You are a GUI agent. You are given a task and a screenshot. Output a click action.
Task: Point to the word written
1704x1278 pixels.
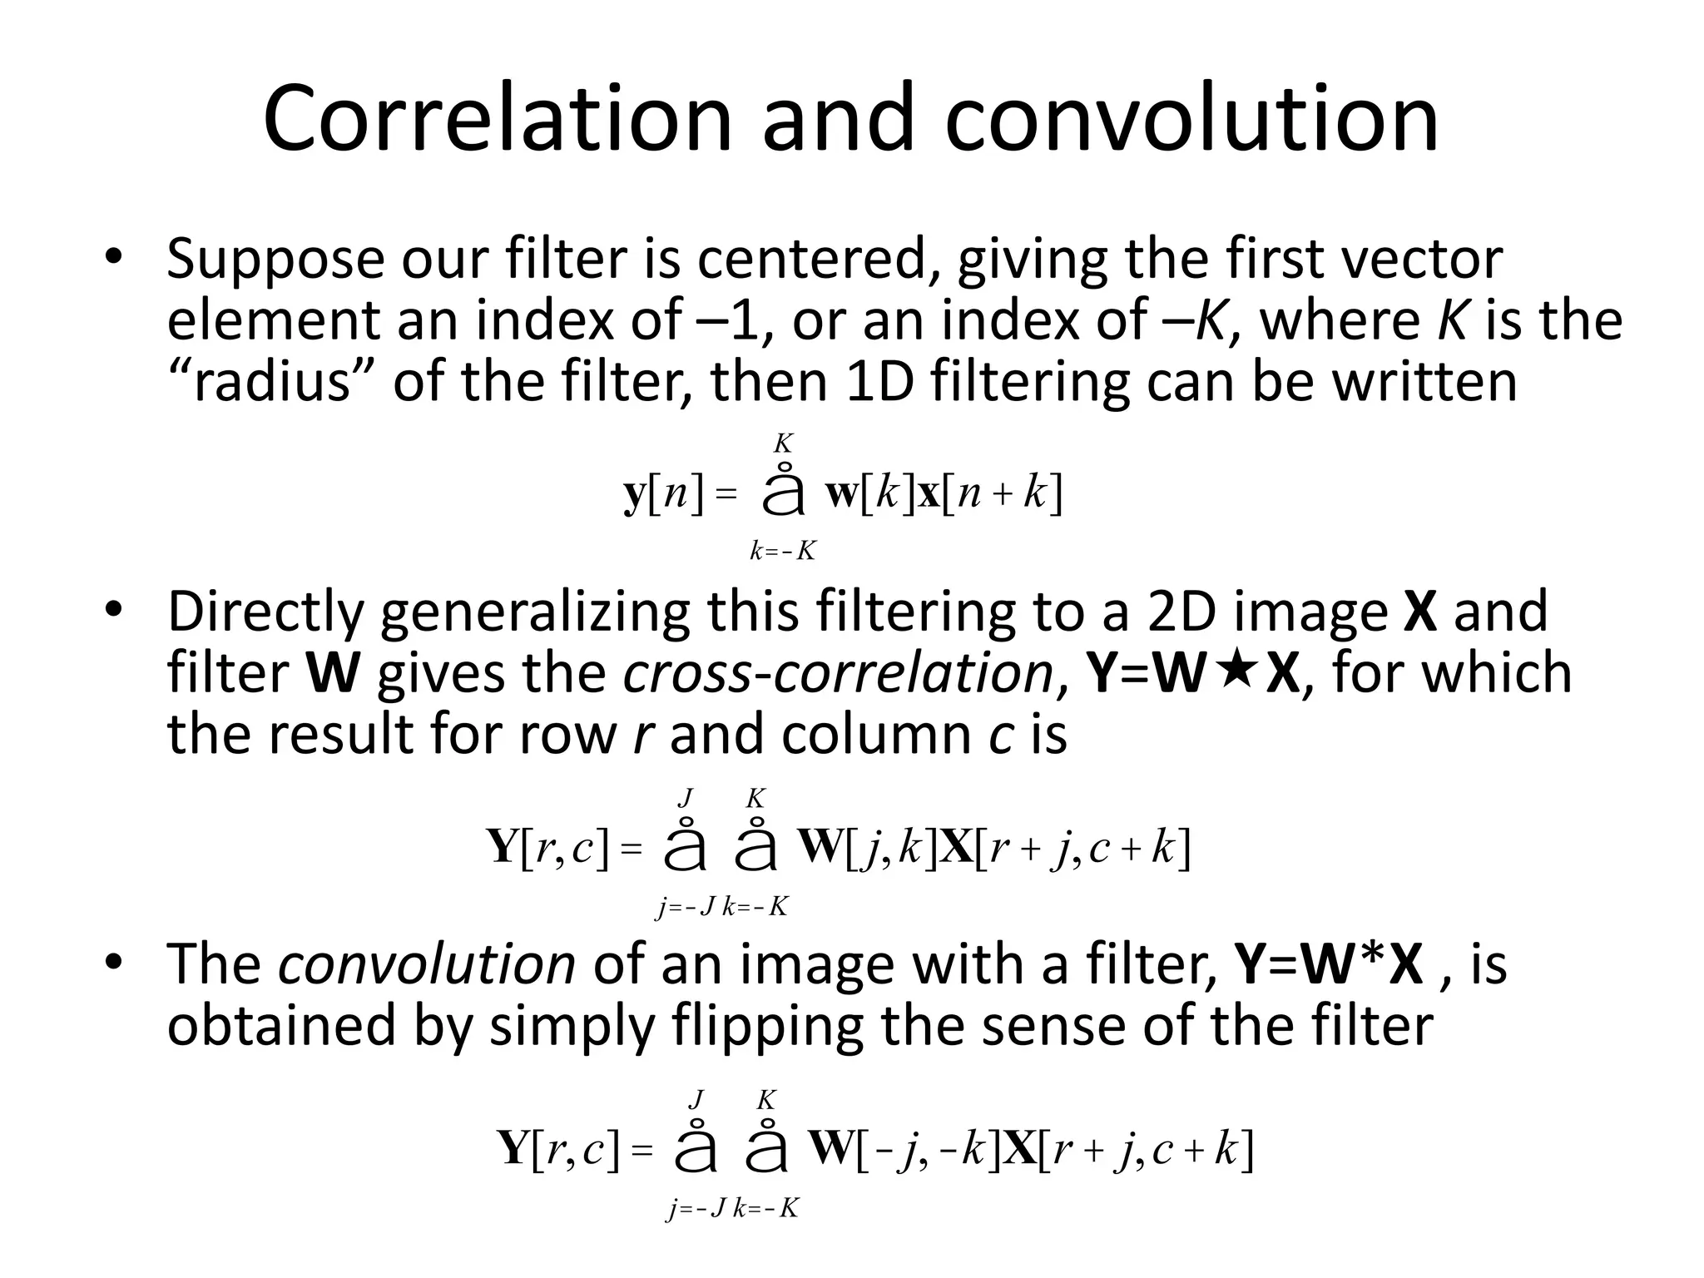coord(1424,382)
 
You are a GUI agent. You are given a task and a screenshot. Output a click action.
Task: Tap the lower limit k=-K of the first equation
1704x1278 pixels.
coord(782,551)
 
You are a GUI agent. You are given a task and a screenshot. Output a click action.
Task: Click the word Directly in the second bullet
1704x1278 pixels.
coord(265,612)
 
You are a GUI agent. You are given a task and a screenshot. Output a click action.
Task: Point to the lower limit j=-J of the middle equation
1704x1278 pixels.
coord(686,906)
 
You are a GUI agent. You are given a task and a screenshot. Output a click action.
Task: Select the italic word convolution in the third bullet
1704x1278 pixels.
coord(426,964)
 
